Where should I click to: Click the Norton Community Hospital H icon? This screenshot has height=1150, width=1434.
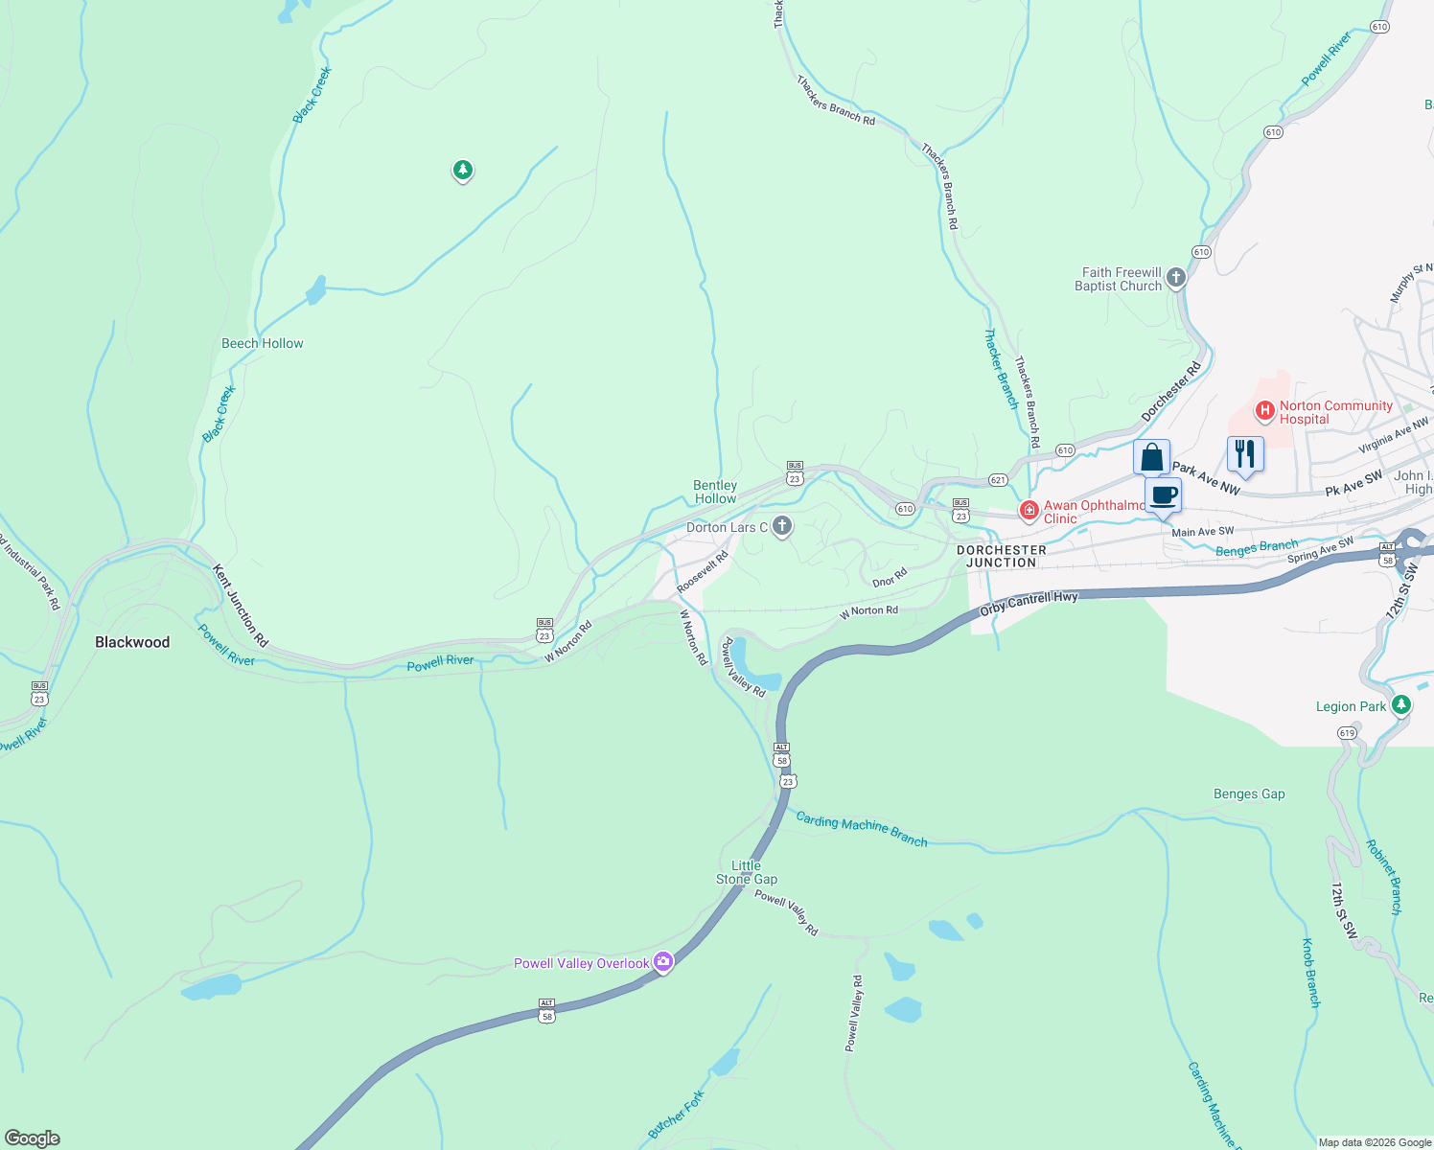[1264, 412]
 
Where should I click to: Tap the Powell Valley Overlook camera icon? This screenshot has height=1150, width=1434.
[663, 961]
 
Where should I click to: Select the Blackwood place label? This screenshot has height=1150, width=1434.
[132, 642]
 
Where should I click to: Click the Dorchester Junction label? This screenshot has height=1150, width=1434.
[1001, 557]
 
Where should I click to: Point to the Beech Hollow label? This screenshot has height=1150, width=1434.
[262, 343]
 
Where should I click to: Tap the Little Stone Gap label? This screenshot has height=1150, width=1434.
[747, 872]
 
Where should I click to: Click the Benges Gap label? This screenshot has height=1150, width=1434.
[1248, 793]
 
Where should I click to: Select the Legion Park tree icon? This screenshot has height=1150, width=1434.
[1401, 706]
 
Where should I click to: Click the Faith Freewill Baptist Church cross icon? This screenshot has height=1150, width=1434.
[1176, 278]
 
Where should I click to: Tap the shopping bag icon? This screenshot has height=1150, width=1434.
[1151, 457]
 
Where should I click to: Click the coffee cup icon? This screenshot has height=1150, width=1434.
[1164, 495]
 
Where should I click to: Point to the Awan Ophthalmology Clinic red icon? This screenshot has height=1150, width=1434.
[1029, 511]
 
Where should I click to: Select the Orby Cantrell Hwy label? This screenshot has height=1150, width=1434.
[1029, 602]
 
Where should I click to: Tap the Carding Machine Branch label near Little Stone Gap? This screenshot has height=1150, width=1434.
[862, 829]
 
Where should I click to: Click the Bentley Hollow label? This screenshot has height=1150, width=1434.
[715, 492]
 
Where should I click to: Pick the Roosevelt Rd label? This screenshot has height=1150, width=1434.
[703, 571]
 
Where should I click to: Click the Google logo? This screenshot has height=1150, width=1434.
[33, 1138]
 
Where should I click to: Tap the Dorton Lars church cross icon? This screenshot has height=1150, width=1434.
[782, 526]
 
